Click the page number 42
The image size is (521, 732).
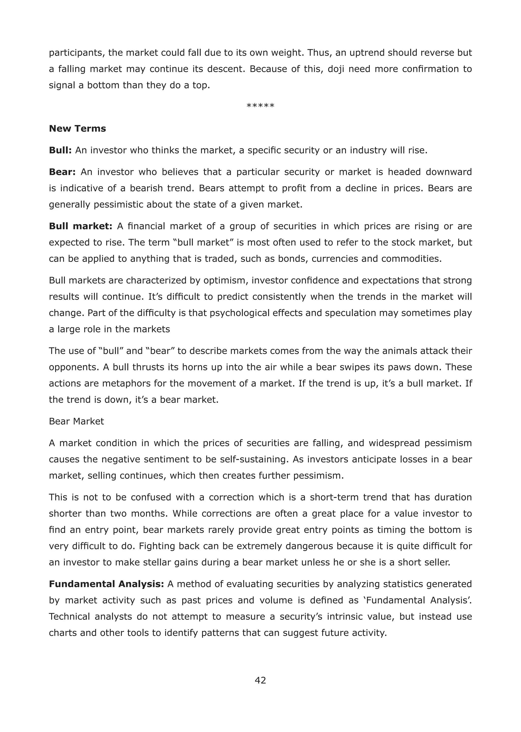pyautogui.click(x=260, y=680)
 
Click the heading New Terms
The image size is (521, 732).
pyautogui.click(x=77, y=129)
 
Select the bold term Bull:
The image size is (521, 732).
pyautogui.click(x=60, y=150)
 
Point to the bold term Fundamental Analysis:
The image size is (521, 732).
pyautogui.click(x=106, y=584)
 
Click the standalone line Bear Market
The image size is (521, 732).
pyautogui.click(x=76, y=421)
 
